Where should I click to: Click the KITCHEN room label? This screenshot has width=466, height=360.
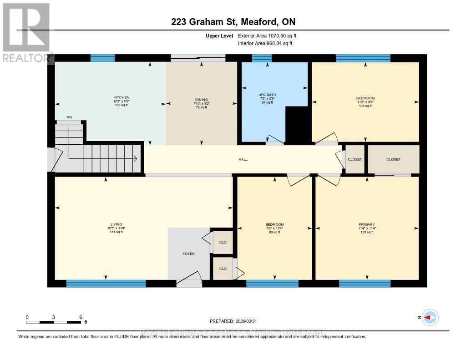pyautogui.click(x=122, y=97)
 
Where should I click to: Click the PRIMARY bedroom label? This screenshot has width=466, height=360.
pyautogui.click(x=366, y=224)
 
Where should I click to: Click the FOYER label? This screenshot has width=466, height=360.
pyautogui.click(x=188, y=254)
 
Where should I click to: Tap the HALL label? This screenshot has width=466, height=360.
pyautogui.click(x=243, y=159)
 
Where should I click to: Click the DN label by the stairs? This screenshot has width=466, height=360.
pyautogui.click(x=69, y=117)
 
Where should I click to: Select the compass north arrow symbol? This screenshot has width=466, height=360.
pyautogui.click(x=430, y=317)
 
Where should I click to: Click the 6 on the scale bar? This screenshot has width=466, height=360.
pyautogui.click(x=81, y=317)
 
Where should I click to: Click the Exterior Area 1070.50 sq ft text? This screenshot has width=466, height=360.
pyautogui.click(x=268, y=35)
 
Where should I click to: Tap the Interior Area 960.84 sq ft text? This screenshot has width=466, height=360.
pyautogui.click(x=265, y=43)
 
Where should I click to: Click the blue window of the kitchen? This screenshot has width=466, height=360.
pyautogui.click(x=102, y=58)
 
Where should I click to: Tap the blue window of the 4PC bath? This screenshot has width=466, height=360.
pyautogui.click(x=262, y=58)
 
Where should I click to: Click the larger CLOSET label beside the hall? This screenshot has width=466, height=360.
pyautogui.click(x=393, y=159)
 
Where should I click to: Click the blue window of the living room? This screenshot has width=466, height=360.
pyautogui.click(x=106, y=284)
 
